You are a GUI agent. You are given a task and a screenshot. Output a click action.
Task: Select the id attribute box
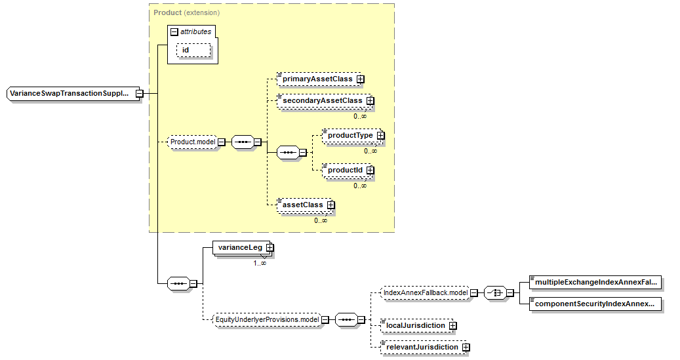click(x=193, y=50)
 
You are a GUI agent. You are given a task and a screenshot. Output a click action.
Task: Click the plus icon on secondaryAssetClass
click(x=370, y=100)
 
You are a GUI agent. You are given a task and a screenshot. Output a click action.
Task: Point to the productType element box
click(x=352, y=135)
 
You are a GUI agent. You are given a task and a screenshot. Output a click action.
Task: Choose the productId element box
click(x=347, y=170)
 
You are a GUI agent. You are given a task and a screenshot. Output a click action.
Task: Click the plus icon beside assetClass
click(x=331, y=205)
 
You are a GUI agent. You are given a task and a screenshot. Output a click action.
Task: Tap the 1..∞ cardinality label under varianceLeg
click(x=260, y=263)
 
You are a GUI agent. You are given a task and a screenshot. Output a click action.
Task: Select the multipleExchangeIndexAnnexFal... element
click(x=595, y=282)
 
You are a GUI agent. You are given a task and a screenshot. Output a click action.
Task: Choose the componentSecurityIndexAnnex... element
click(x=595, y=304)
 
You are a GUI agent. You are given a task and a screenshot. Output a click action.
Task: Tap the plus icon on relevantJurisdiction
click(x=466, y=348)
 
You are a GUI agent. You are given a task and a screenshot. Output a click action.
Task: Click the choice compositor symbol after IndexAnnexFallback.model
click(x=495, y=293)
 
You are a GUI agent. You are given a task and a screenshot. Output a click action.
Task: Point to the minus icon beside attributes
click(x=174, y=31)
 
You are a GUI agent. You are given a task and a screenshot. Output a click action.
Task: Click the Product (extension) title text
click(x=186, y=12)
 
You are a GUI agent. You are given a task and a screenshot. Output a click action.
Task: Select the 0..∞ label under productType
click(x=370, y=151)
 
